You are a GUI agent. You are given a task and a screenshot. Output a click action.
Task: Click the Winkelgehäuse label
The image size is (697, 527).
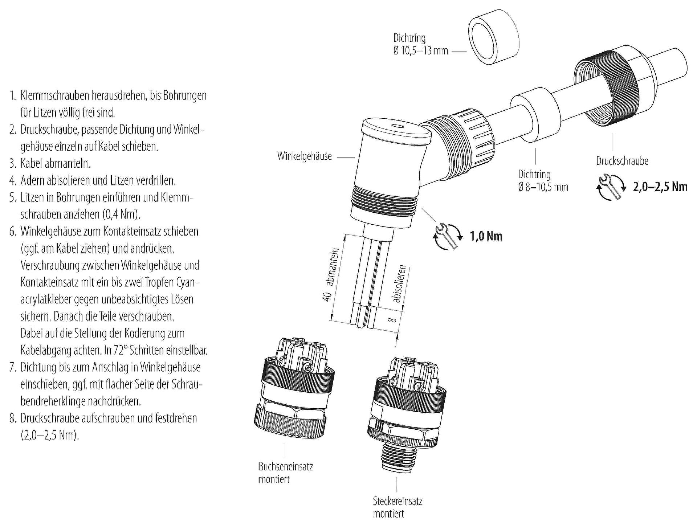tap(304, 156)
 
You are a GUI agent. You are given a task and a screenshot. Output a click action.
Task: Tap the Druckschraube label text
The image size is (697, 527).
tap(622, 161)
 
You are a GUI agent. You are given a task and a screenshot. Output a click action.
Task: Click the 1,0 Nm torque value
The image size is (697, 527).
tap(486, 236)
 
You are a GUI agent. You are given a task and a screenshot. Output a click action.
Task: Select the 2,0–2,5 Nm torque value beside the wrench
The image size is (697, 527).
tap(660, 187)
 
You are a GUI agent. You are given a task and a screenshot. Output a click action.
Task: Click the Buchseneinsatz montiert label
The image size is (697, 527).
tap(285, 473)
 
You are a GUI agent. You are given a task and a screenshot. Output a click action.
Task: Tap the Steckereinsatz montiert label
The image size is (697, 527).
tap(398, 507)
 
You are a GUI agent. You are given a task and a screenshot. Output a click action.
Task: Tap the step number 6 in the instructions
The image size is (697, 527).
tap(13, 232)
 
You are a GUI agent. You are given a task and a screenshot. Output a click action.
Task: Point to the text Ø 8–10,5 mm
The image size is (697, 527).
tap(543, 187)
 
